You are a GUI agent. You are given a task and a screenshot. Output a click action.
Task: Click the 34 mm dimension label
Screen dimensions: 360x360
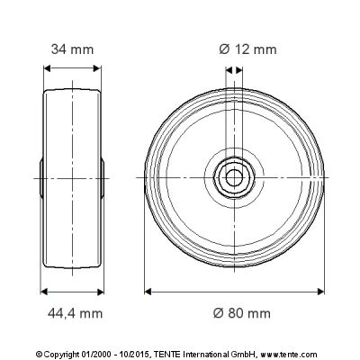(72, 49)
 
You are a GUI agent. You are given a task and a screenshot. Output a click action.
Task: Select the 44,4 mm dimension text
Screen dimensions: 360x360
(75, 313)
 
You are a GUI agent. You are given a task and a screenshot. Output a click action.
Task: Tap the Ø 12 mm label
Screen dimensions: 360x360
(247, 49)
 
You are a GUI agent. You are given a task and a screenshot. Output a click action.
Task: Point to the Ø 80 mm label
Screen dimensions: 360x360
(242, 313)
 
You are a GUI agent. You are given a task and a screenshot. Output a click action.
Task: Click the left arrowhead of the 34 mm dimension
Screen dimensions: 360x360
(48, 68)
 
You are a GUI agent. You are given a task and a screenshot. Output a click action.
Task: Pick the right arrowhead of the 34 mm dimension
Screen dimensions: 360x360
(97, 68)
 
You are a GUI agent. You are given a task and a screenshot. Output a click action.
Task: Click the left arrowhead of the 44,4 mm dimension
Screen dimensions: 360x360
(44, 292)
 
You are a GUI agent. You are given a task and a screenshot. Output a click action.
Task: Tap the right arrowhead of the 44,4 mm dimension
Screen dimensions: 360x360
(100, 292)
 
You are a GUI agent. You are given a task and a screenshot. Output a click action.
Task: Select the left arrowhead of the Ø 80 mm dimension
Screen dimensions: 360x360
(148, 292)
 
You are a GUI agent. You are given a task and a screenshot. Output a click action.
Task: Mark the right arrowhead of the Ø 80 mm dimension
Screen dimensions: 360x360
(320, 292)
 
